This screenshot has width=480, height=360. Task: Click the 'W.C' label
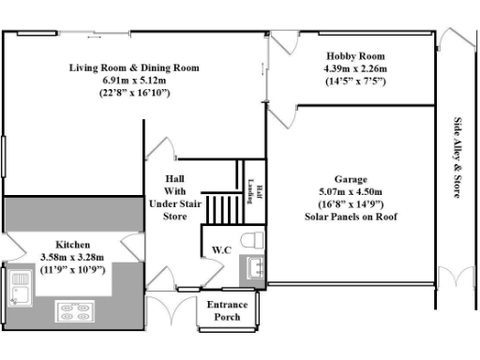222,250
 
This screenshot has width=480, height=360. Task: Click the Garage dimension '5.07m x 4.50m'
351,192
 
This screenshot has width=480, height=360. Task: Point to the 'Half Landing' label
251,190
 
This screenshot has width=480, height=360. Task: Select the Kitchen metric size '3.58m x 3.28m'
71,256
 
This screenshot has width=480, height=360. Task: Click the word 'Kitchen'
72,243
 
